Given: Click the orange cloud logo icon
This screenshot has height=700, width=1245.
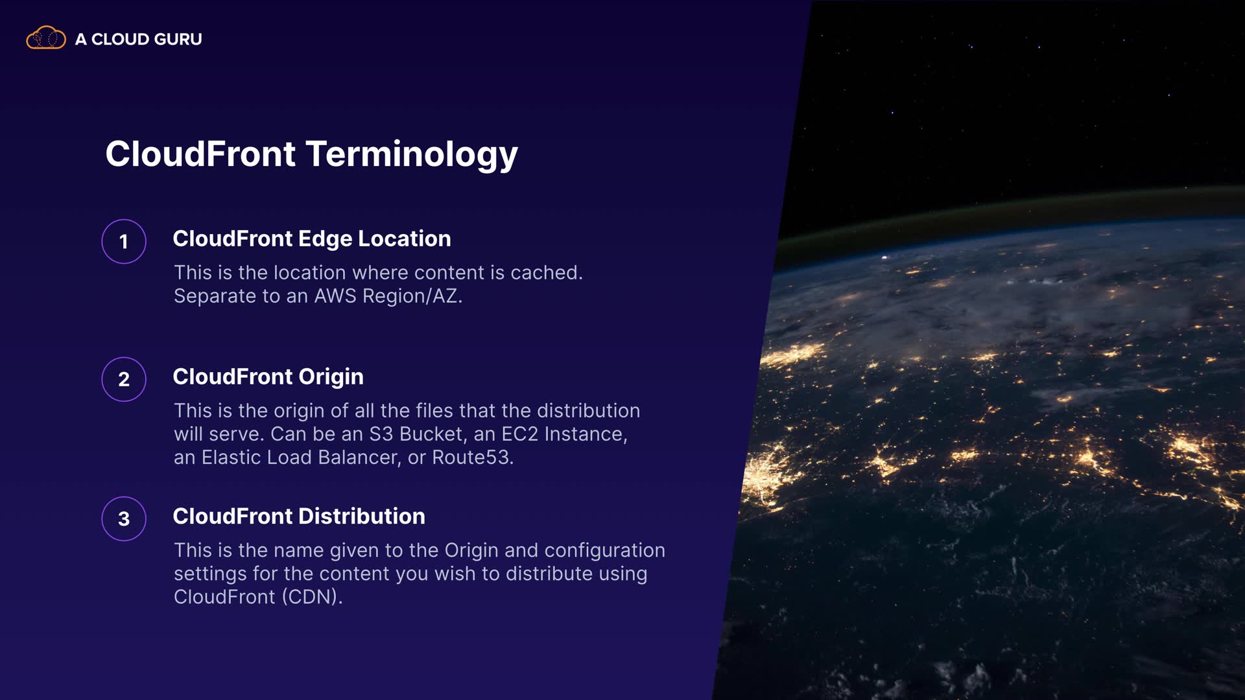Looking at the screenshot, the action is click(45, 38).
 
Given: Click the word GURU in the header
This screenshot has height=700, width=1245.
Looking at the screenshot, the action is click(178, 39).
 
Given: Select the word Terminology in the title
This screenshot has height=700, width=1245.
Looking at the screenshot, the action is click(412, 155).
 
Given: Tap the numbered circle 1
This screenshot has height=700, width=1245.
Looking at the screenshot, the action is click(124, 242).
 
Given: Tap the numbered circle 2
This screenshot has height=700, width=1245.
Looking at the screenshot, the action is click(124, 379).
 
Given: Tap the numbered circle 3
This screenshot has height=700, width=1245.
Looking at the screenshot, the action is click(124, 519).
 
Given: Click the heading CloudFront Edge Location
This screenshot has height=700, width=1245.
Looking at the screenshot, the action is click(312, 239).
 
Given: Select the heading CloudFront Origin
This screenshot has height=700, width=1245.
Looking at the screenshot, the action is click(268, 377).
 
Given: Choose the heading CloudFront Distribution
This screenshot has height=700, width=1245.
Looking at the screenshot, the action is click(299, 516).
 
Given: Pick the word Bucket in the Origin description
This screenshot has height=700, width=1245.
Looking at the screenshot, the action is click(433, 434).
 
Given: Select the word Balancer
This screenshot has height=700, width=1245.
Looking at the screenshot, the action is click(359, 458).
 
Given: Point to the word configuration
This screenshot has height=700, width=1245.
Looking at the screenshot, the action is click(604, 551).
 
